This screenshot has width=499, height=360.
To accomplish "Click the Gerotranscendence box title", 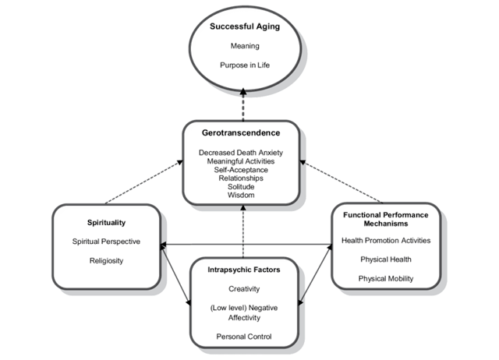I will pyautogui.click(x=243, y=135).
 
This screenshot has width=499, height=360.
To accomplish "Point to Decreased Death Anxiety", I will pyautogui.click(x=243, y=153).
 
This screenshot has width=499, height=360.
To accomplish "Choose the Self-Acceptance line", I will pyautogui.click(x=243, y=169).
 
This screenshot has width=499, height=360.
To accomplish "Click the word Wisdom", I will pyautogui.click(x=243, y=194).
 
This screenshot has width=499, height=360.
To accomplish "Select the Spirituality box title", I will pyautogui.click(x=107, y=222).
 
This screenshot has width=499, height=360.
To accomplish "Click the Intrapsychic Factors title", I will pyautogui.click(x=243, y=270).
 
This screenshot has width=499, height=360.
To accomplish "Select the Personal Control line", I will pyautogui.click(x=243, y=336).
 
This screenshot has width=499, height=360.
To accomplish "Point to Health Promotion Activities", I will pyautogui.click(x=387, y=242).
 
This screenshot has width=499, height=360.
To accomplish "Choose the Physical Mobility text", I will pyautogui.click(x=387, y=278).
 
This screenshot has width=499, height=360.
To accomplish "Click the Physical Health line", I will pyautogui.click(x=387, y=259).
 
